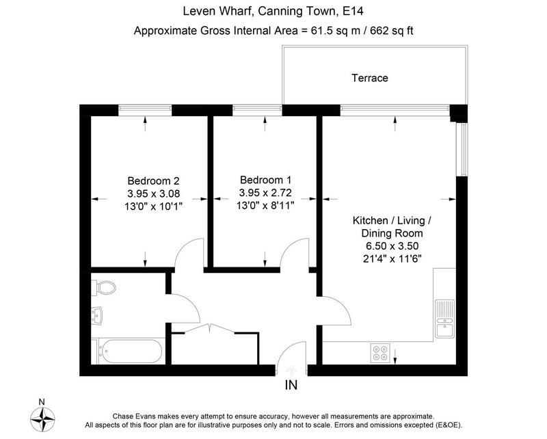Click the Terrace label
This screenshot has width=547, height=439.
point(369,78)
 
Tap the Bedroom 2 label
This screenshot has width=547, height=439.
point(153,181)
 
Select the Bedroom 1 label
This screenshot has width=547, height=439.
point(265,180)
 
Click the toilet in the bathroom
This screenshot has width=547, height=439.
point(104,288)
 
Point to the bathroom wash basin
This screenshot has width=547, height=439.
point(96,316)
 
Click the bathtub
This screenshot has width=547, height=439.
point(130,351)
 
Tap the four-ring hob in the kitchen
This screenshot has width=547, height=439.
point(380,352)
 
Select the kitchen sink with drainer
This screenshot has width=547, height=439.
point(445,319)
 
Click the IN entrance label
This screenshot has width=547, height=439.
point(291,385)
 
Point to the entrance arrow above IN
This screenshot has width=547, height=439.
point(291,370)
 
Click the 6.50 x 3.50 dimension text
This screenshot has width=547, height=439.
point(392,246)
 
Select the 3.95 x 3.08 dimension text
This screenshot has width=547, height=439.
point(153,194)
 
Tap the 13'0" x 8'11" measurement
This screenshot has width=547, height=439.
point(265,205)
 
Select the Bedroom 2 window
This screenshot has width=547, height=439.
point(145,110)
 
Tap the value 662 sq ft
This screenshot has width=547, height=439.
point(391,31)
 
